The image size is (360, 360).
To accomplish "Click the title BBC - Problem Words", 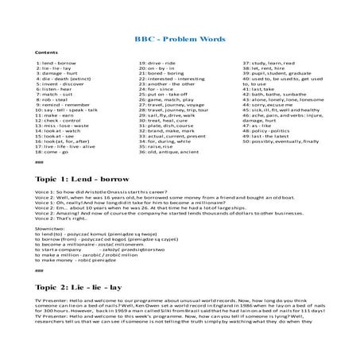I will point(180,39).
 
